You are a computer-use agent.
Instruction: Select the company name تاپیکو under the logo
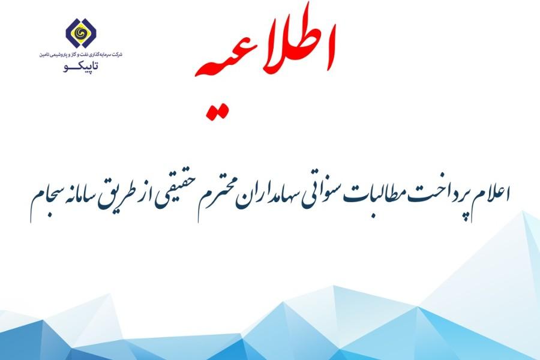pyautogui.click(x=81, y=67)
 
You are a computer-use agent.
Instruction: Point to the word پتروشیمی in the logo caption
pyautogui.click(x=61, y=55)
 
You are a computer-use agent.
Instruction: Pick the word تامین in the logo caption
pyautogui.click(x=45, y=55)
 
